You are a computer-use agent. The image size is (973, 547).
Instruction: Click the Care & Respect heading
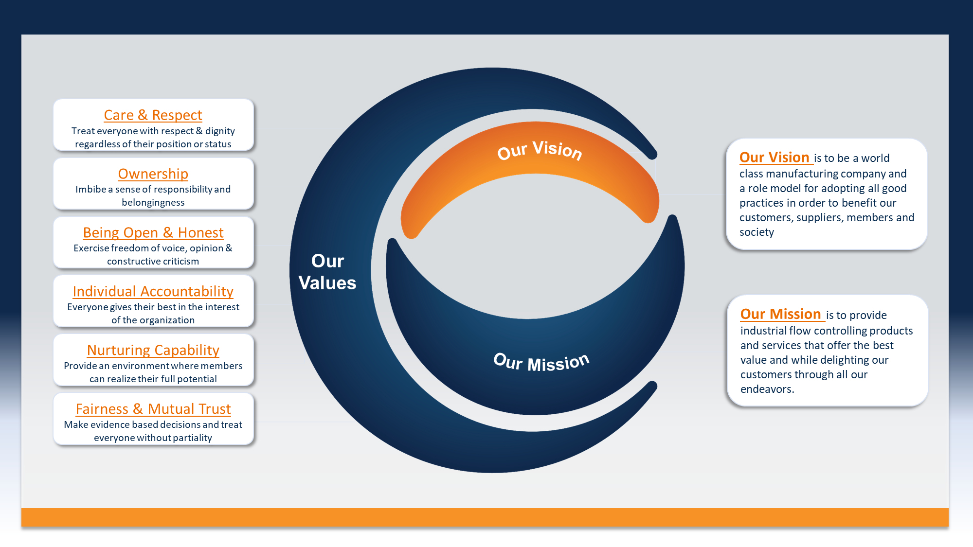(153, 115)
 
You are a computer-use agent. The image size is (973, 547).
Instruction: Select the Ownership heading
(153, 174)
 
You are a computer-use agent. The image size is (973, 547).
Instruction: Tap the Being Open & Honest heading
(153, 232)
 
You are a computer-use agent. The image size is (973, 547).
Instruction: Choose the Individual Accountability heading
(153, 291)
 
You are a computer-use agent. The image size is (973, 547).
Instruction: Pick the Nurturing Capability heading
(153, 350)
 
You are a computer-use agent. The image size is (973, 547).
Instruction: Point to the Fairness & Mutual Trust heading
(153, 409)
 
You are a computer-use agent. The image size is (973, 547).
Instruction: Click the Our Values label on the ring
(327, 272)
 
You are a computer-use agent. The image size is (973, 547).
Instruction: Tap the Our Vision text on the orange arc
(540, 150)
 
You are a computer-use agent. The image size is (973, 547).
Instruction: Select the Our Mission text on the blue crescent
(541, 362)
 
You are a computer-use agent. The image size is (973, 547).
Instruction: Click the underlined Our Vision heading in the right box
(774, 158)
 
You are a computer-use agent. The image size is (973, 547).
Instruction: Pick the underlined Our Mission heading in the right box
(780, 314)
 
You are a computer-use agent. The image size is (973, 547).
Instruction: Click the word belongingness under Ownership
(153, 203)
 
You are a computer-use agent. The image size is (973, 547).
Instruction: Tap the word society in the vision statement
(757, 232)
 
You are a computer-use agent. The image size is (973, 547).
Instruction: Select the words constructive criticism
(153, 261)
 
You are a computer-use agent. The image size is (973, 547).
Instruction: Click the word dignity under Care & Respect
(220, 131)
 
